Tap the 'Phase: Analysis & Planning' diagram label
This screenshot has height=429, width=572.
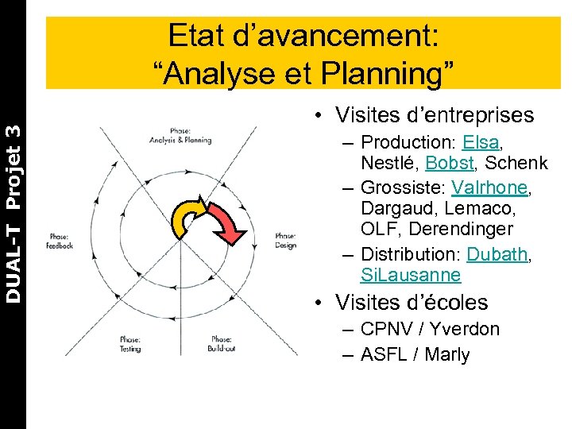tap(180, 135)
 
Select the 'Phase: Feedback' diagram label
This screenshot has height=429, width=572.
tap(60, 241)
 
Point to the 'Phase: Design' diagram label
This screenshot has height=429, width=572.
tap(286, 241)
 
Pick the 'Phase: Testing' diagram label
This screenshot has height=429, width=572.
tap(131, 343)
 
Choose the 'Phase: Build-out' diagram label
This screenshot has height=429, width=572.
tap(222, 343)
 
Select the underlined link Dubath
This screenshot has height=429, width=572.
tap(499, 254)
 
